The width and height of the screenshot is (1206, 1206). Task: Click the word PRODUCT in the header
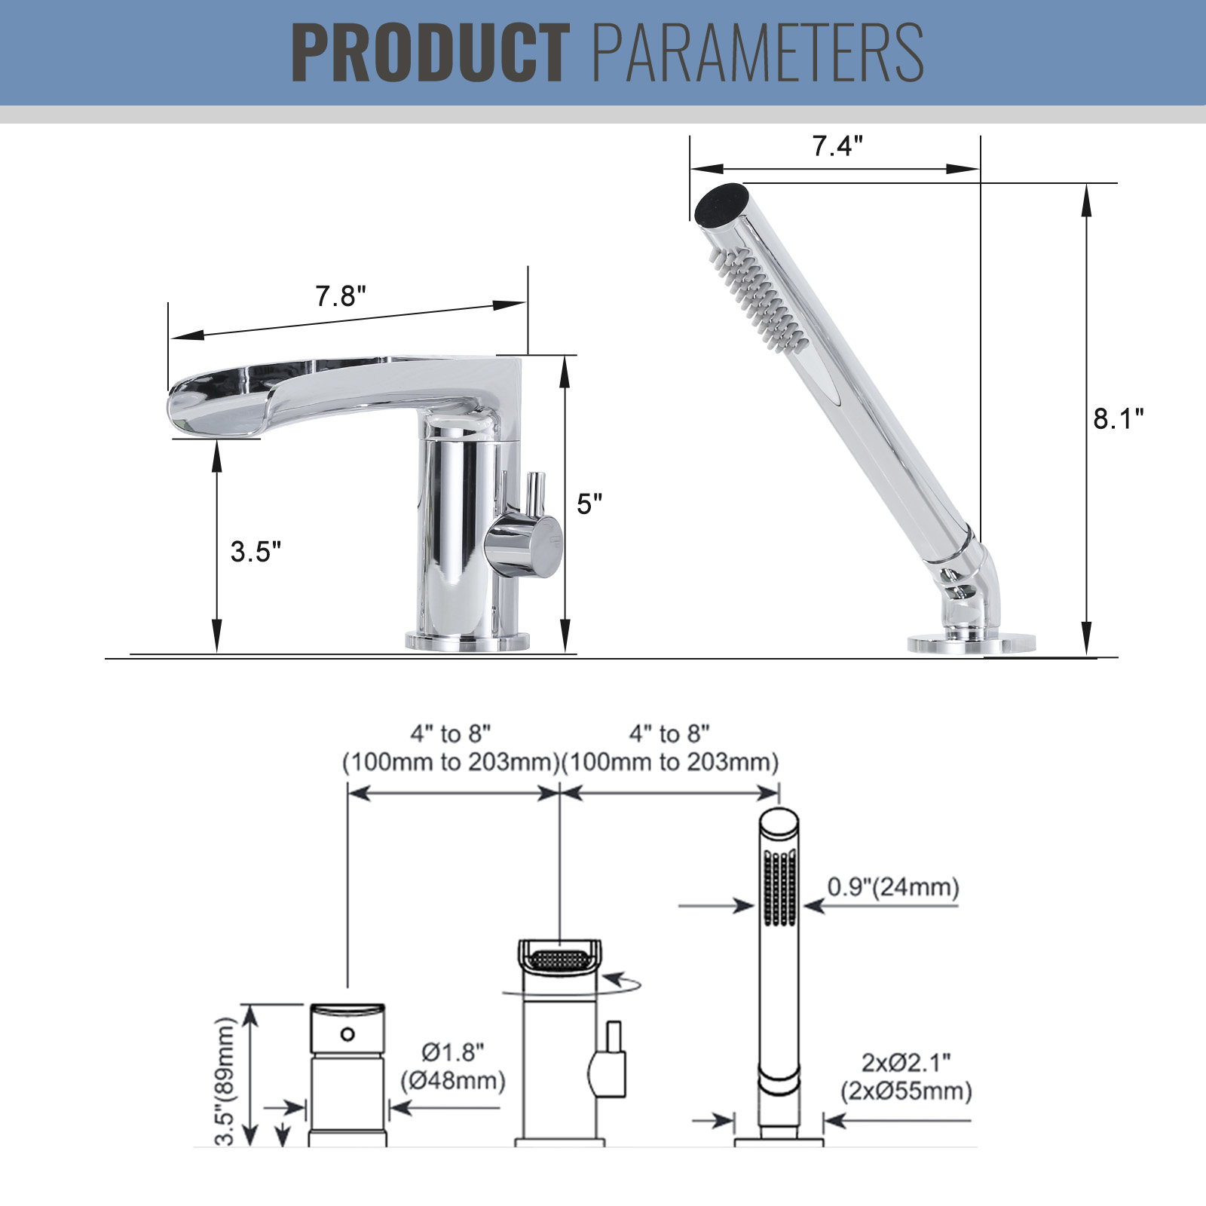(430, 53)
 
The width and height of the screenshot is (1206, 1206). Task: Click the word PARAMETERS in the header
(758, 53)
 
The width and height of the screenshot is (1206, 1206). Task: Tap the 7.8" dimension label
(341, 296)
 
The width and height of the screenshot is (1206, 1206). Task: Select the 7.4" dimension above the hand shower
(837, 145)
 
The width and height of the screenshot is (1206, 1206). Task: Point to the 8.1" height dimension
(1119, 418)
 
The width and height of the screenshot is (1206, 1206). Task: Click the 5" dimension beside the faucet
(589, 504)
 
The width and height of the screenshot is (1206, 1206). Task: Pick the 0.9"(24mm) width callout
(893, 886)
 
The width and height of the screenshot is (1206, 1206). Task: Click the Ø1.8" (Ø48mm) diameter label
(453, 1066)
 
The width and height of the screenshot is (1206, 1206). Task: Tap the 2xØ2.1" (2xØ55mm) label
(906, 1076)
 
